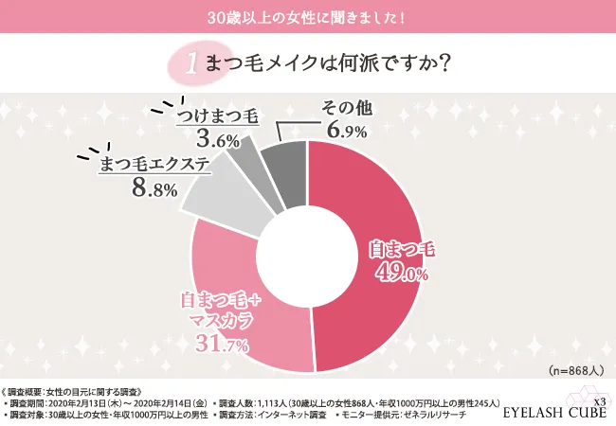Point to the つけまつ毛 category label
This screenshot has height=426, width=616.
click(217, 118)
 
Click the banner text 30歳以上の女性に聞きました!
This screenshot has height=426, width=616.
click(307, 16)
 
